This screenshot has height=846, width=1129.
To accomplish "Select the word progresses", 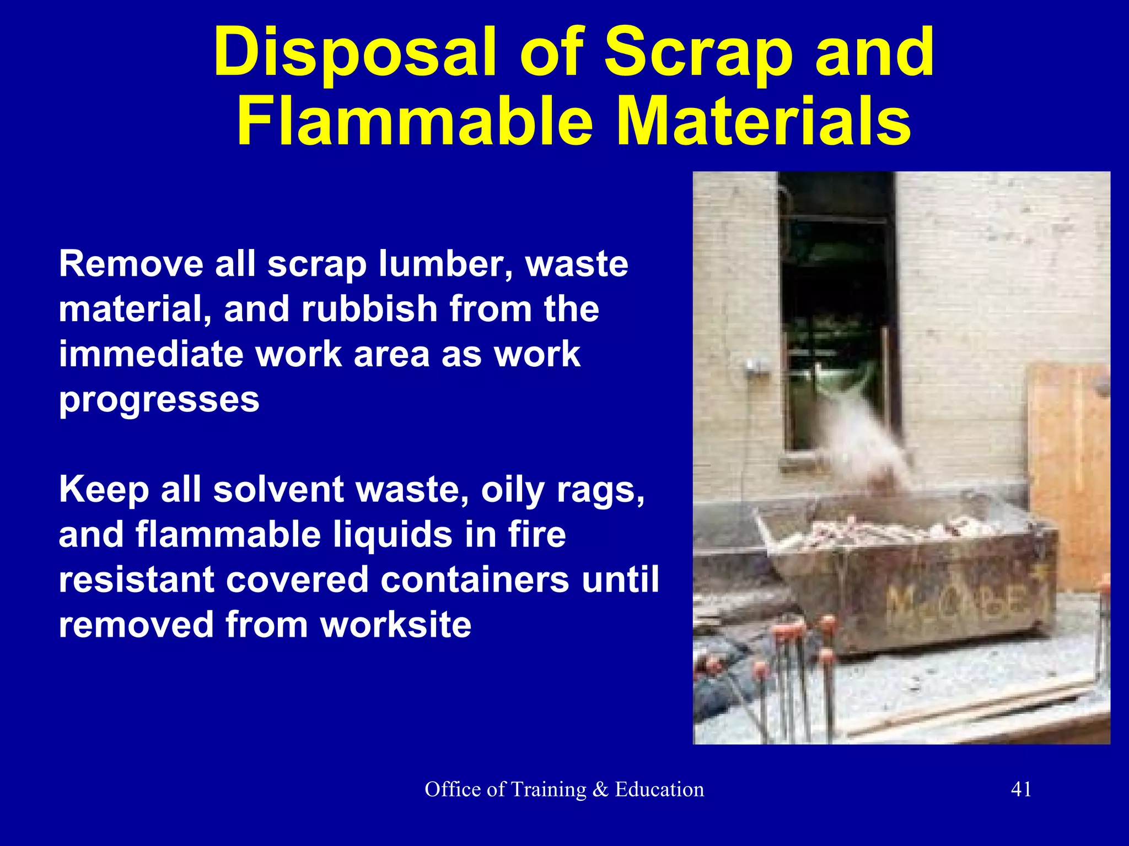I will coord(159,400).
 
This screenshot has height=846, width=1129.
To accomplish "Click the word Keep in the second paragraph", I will coord(104,490).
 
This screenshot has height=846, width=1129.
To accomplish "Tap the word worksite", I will coord(396,625).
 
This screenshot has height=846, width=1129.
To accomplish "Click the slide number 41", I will coord(1021,789).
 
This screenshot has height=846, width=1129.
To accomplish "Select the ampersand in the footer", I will coord(600,789).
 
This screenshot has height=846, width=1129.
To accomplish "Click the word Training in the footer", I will coord(549,790).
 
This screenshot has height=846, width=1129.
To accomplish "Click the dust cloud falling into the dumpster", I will coord(865,441).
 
